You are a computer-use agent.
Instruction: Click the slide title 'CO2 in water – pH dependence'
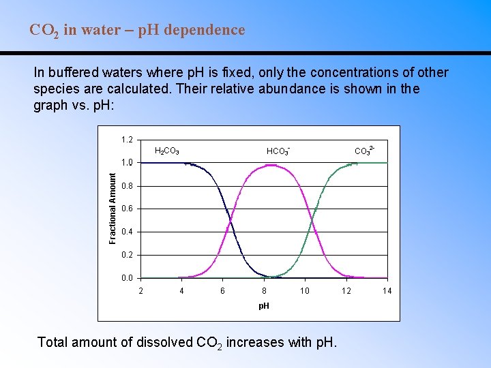(x=137, y=31)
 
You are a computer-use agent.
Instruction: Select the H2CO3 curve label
(x=167, y=151)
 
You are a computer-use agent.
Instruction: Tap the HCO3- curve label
(x=278, y=150)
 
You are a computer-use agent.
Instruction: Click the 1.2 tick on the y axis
(x=127, y=140)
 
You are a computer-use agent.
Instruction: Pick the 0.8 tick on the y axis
(x=127, y=186)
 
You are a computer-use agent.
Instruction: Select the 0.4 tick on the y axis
(x=127, y=232)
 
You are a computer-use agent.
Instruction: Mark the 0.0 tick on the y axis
(x=127, y=278)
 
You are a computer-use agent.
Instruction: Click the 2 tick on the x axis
(x=140, y=291)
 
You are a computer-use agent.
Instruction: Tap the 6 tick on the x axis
(x=222, y=291)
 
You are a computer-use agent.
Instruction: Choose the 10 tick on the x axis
(x=305, y=291)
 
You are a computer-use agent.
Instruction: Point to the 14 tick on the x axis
(x=387, y=291)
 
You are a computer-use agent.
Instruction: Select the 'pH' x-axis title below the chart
(x=263, y=306)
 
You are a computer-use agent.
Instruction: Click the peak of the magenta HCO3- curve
(x=270, y=165)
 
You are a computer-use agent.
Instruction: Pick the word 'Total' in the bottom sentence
(x=53, y=342)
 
